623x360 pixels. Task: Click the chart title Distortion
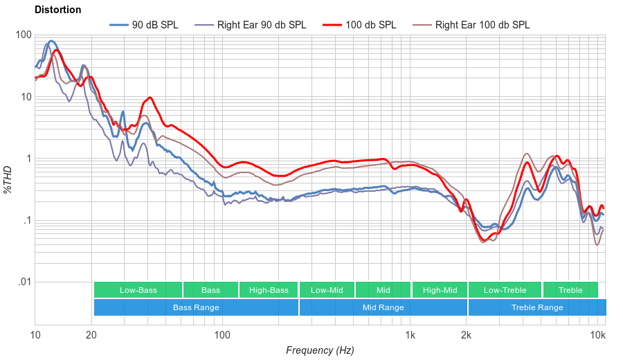[x=57, y=10]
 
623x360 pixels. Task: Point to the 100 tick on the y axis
[x=24, y=35]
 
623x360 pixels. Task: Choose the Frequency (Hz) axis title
[x=320, y=350]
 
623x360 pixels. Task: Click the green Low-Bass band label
[x=138, y=290]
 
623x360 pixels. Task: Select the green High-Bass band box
[x=269, y=290]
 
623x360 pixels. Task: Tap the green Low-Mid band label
[x=327, y=290]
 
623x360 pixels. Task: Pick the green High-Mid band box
[x=440, y=290]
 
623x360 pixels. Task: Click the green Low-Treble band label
[x=505, y=290]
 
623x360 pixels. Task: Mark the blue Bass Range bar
[x=196, y=307]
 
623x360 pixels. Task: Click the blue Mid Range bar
[x=383, y=307]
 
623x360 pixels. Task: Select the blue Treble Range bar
[x=536, y=307]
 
